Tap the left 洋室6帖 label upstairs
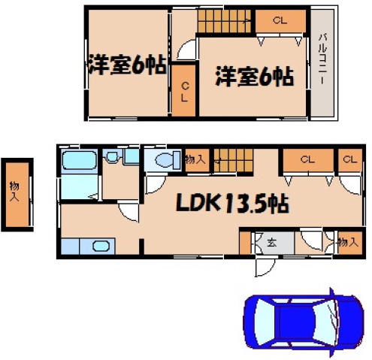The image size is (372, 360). [x=125, y=65]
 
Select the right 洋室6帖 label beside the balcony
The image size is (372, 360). [x=253, y=76]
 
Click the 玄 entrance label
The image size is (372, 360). [x=269, y=243]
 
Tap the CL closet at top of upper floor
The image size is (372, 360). [x=280, y=22]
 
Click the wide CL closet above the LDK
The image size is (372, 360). [x=306, y=159]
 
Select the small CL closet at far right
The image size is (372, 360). [x=348, y=159]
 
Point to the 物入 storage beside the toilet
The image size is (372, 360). [x=195, y=159]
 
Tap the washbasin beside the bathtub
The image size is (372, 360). [x=112, y=158]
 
